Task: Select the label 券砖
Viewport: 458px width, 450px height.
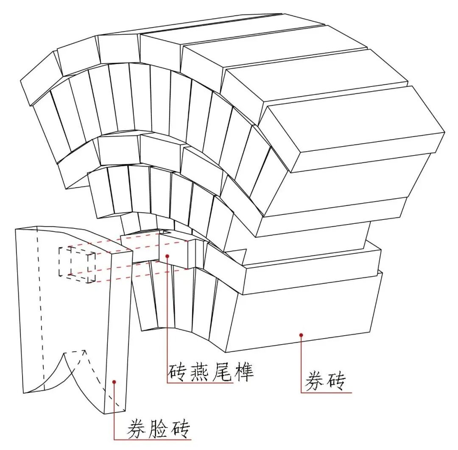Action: tap(325, 381)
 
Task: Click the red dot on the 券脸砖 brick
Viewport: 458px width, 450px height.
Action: tap(114, 382)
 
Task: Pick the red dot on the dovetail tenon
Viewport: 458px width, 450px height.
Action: tap(168, 256)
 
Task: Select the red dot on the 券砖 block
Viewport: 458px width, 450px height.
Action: tap(301, 335)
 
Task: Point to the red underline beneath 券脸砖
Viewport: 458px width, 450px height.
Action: tap(153, 439)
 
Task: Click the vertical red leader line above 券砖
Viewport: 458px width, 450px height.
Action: tap(301, 364)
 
